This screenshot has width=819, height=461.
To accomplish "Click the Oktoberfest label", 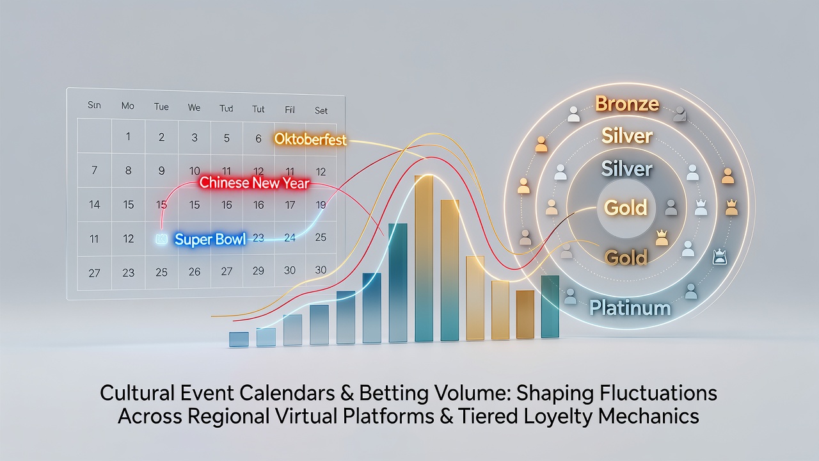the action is pos(310,140).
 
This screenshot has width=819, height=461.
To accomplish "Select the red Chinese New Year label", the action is pos(255,182).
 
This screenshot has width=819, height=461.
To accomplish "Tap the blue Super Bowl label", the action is pos(211,239).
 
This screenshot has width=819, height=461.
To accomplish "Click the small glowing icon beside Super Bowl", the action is pos(161,239).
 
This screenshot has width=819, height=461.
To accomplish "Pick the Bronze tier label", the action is pos(627,104).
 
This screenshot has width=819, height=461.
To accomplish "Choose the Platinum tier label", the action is pos(630,308).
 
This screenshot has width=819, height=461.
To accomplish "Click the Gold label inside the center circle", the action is pos(626,207).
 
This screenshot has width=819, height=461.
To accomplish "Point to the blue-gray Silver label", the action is pos(626,169).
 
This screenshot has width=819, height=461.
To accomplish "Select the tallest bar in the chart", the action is pos(424,258).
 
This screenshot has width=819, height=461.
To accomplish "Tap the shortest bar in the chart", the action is pos(239,339).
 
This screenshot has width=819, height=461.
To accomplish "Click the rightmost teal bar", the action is pos(550,307).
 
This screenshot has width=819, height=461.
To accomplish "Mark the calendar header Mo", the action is pos(127,106).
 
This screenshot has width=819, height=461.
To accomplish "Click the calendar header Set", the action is pos(321,111).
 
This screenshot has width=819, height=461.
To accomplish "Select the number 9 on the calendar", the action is pos(161,170).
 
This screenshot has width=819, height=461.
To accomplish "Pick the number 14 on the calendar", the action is pos(94,204).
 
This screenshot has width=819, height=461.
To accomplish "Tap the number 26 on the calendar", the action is pos(195,271).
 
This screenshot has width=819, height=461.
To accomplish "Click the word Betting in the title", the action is pos(394,393).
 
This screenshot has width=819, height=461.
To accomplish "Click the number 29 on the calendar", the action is pos(258,271).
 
